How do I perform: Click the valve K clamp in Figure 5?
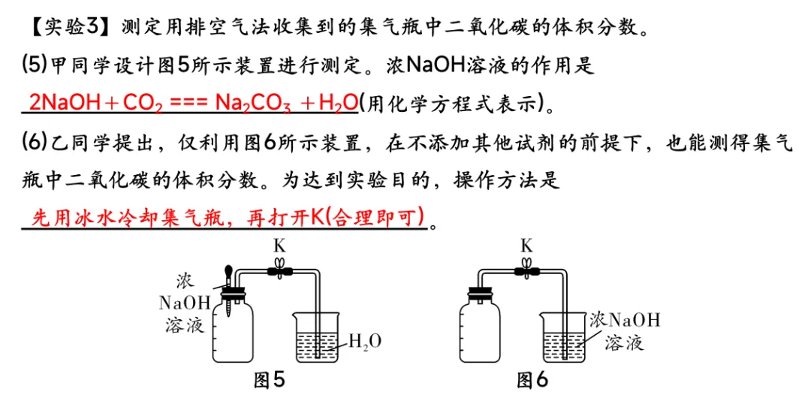tap(280, 270)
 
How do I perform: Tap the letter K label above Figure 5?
tap(280, 245)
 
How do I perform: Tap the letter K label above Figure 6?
tap(526, 245)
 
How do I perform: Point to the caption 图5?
tap(269, 381)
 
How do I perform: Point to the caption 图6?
tap(532, 381)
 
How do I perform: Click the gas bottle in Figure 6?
tap(480, 329)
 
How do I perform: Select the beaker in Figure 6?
tap(563, 336)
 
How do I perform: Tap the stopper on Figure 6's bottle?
tap(480, 294)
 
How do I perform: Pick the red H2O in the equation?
tap(338, 104)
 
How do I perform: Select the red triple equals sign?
tap(188, 104)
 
